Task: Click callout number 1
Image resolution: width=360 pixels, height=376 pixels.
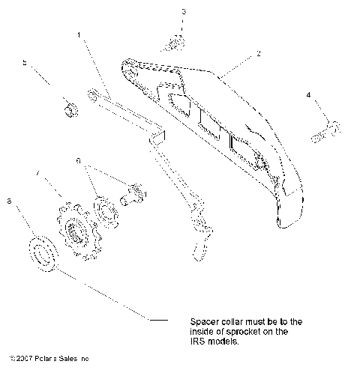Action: pyautogui.click(x=79, y=34)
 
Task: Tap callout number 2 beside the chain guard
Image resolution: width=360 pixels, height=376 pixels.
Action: pyautogui.click(x=258, y=54)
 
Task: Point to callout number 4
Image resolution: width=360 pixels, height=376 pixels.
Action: pyautogui.click(x=308, y=95)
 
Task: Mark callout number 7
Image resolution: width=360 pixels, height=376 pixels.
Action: pyautogui.click(x=38, y=174)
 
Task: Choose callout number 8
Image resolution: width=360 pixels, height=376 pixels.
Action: pyautogui.click(x=9, y=201)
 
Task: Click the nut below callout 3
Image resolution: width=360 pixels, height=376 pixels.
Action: pyautogui.click(x=175, y=43)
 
